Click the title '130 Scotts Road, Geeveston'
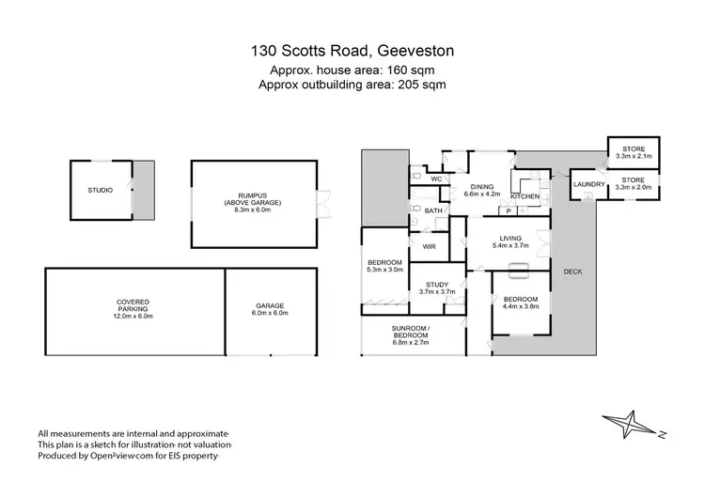(x=352, y=52)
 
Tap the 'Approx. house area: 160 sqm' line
(x=352, y=70)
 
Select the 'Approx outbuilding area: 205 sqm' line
(x=352, y=84)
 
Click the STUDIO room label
(x=101, y=191)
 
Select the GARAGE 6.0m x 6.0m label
(x=270, y=309)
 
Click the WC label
(x=437, y=179)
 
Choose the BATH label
(x=432, y=211)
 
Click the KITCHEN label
(x=525, y=196)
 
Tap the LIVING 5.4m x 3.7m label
(x=510, y=242)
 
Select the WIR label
(x=430, y=246)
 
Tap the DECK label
(x=573, y=272)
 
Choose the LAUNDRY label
(x=589, y=184)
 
